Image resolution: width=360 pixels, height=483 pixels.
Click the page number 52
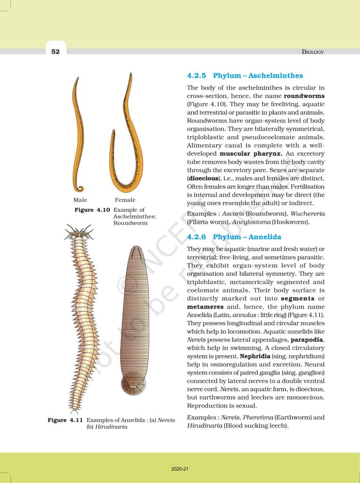tap(56, 51)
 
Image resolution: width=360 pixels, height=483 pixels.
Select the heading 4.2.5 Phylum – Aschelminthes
tap(245, 75)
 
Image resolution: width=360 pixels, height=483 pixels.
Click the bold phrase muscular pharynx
tap(248, 153)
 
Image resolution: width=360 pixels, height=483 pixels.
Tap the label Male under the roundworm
tap(80, 200)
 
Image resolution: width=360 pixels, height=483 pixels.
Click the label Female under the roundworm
tap(125, 200)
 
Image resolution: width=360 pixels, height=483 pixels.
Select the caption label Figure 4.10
tap(92, 210)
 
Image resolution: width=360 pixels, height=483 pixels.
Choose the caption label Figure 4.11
tap(65, 420)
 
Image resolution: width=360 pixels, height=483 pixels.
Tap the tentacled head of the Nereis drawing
tap(79, 232)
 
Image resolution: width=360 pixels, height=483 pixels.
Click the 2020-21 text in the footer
tap(180, 469)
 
